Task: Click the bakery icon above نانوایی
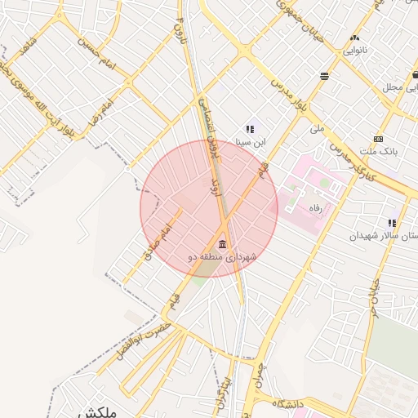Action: click(354, 38)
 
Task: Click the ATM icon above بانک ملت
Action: click(377, 139)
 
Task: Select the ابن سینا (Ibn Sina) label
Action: click(251, 141)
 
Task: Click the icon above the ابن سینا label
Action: click(250, 129)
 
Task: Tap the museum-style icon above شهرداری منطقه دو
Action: click(222, 245)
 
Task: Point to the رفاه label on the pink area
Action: click(314, 208)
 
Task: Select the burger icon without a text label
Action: click(325, 76)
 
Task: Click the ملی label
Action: click(317, 129)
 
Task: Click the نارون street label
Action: click(180, 35)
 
